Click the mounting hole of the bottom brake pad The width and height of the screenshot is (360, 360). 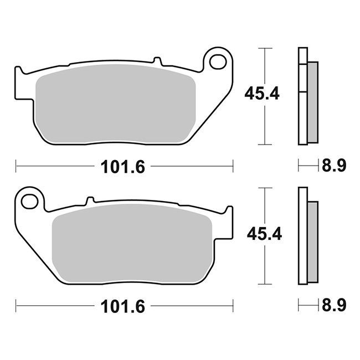click(x=29, y=202)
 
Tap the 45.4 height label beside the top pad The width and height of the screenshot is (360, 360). click(x=262, y=94)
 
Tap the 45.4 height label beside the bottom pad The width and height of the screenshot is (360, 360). click(x=264, y=234)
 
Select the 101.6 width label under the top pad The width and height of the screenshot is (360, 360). click(x=123, y=167)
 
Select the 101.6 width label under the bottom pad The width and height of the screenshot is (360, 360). click(x=123, y=306)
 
